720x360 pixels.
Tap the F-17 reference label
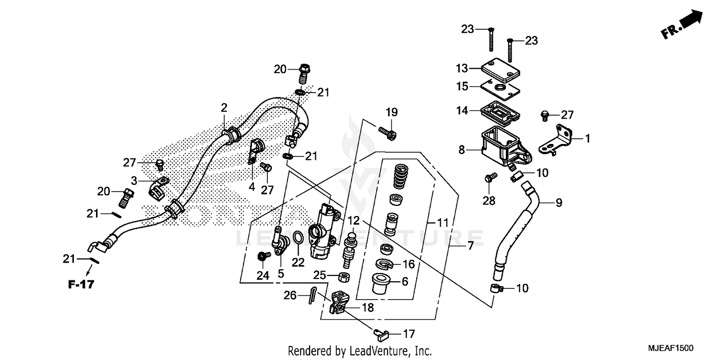(81, 284)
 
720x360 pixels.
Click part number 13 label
(461, 68)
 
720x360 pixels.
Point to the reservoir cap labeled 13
(501, 68)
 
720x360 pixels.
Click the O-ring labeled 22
(298, 237)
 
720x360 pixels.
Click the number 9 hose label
(558, 203)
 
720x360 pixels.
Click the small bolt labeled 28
(489, 179)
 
